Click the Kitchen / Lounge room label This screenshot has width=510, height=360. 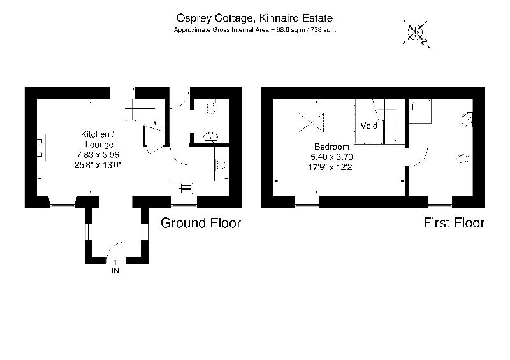coord(98,140)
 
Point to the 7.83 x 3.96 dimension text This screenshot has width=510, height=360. coord(98,155)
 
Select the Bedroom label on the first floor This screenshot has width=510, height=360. coord(331,147)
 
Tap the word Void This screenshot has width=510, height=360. coord(369,126)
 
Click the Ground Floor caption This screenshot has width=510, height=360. coord(200,223)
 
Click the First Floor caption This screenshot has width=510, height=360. coord(454,223)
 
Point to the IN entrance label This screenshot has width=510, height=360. coord(115,271)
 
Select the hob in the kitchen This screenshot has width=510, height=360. coord(222,165)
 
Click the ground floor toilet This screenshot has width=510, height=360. coord(212,108)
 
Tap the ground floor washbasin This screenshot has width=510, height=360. coord(209,136)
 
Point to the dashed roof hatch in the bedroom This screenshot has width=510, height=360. coord(312,120)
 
